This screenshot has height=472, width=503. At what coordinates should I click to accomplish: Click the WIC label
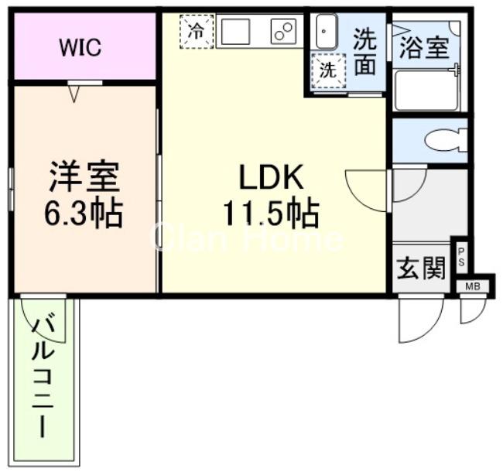pyautogui.click(x=81, y=47)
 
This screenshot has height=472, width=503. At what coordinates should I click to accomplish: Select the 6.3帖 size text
pyautogui.click(x=85, y=213)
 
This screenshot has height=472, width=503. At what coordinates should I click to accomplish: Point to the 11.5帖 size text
pyautogui.click(x=271, y=213)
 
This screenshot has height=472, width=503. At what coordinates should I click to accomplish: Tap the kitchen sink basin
pyautogui.click(x=236, y=32)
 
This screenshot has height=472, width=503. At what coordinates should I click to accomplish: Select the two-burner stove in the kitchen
pyautogui.click(x=282, y=32)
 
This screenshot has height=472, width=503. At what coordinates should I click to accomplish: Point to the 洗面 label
pyautogui.click(x=364, y=52)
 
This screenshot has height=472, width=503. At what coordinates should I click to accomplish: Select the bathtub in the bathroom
pyautogui.click(x=424, y=91)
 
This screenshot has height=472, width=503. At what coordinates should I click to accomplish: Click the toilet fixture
pyautogui.click(x=445, y=141)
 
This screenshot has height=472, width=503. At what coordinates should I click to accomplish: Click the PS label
pyautogui.click(x=461, y=255)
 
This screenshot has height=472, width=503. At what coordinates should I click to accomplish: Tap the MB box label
pyautogui.click(x=472, y=286)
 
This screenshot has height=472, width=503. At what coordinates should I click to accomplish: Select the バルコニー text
pyautogui.click(x=43, y=379)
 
